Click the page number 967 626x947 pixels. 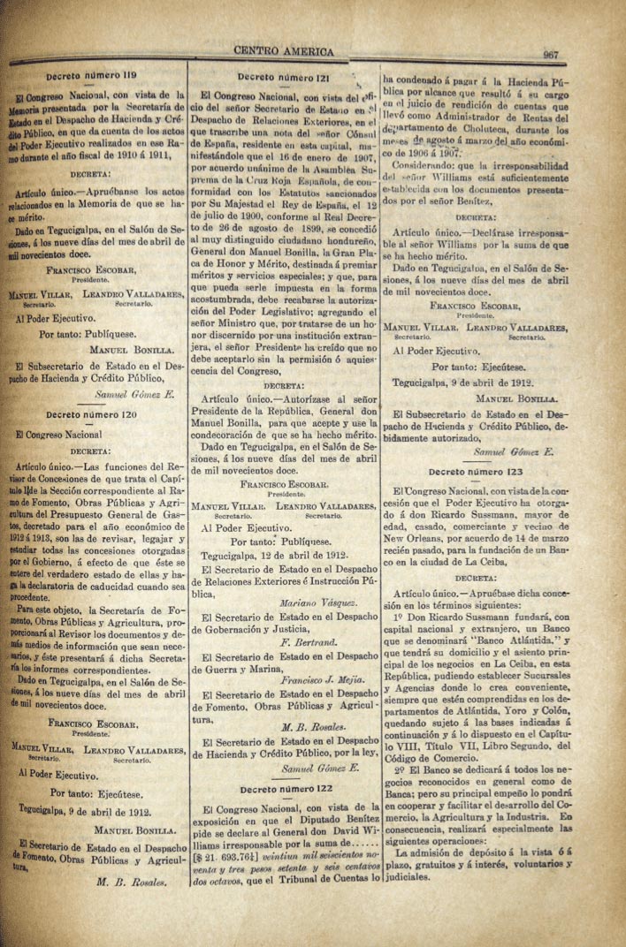[x=551, y=55]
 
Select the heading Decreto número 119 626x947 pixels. [x=92, y=76]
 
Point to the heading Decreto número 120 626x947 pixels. [x=92, y=414]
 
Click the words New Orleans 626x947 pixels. [x=421, y=536]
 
